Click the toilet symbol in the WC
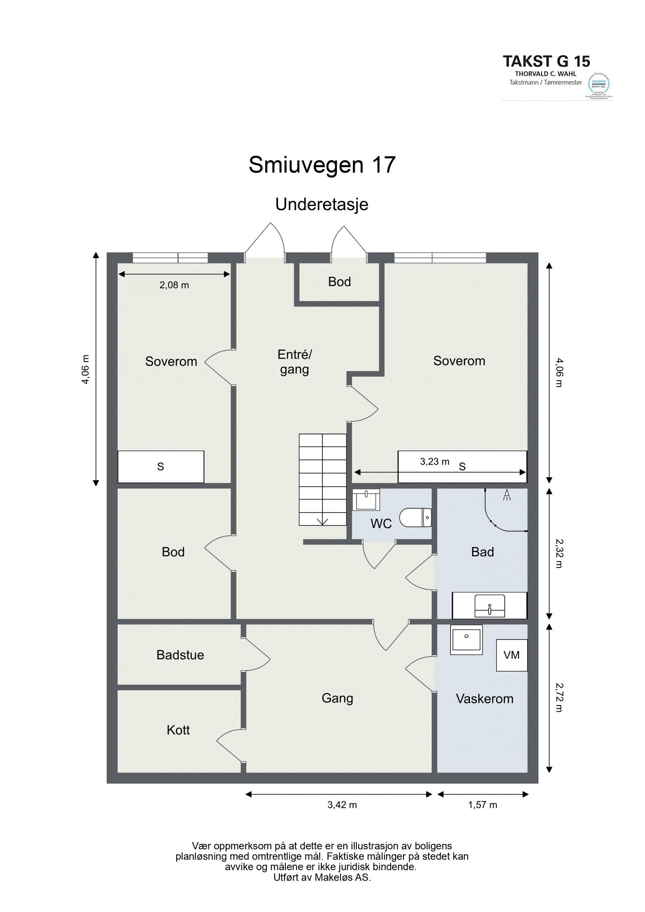tap(415, 517)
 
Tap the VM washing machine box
tap(511, 655)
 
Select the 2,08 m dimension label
tap(174, 285)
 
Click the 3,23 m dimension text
tap(434, 461)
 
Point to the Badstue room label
tap(180, 655)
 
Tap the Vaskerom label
tap(484, 698)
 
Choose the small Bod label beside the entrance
tap(339, 282)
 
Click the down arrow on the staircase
tap(322, 521)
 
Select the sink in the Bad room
tap(489, 606)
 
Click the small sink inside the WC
tap(366, 500)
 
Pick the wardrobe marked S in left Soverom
tap(160, 467)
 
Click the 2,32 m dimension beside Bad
tap(558, 554)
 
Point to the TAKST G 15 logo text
tap(546, 61)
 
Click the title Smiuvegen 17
tap(322, 165)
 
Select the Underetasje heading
tap(322, 205)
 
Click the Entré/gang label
tap(294, 361)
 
